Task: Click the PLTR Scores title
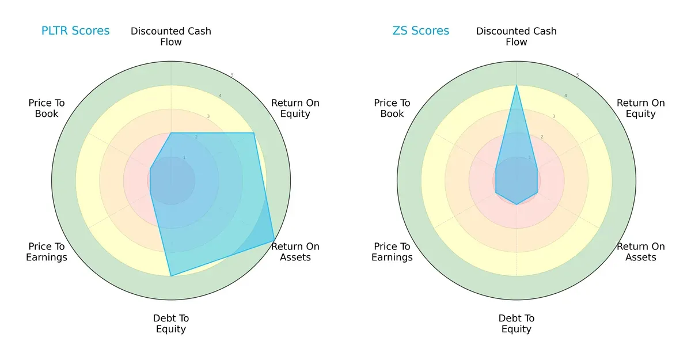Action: [75, 31]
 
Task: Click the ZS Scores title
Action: [421, 31]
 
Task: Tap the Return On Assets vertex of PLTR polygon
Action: [274, 241]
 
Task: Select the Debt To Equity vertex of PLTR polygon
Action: [170, 276]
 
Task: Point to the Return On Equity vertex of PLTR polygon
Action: [253, 133]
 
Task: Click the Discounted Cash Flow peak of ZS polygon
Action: [517, 85]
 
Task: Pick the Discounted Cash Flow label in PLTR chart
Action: [171, 36]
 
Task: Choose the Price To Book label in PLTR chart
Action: [47, 108]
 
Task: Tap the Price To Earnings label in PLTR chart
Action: [47, 252]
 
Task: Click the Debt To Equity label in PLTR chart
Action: [171, 324]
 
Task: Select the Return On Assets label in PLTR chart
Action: [295, 252]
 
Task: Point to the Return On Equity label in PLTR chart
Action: [295, 108]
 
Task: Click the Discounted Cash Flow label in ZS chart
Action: [517, 36]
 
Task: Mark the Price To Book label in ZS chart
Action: [392, 108]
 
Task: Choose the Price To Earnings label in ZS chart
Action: [392, 252]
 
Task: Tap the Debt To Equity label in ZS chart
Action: [517, 324]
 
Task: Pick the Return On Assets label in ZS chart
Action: [641, 252]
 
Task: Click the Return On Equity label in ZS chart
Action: [641, 108]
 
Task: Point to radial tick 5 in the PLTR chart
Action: [232, 75]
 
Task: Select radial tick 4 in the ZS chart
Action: [565, 96]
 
